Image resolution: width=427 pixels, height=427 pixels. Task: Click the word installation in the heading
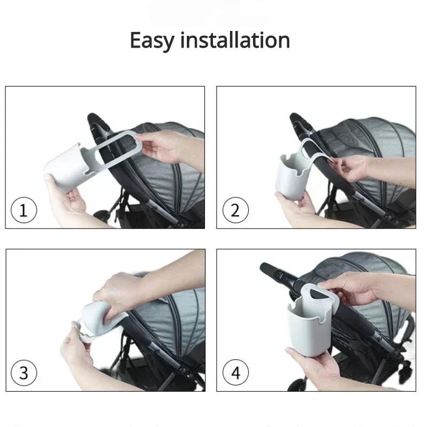tap(234, 41)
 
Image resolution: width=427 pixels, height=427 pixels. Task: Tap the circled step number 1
tap(23, 211)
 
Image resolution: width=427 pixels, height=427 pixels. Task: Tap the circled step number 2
tap(235, 211)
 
